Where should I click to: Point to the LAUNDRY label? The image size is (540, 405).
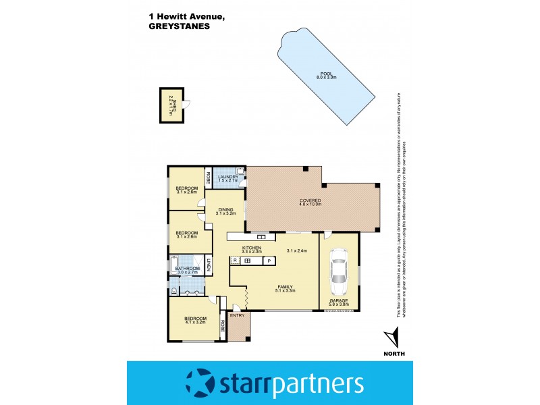(x=228, y=177)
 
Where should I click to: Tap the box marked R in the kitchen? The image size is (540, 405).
(x=235, y=261)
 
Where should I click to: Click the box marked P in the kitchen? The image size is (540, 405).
(x=268, y=261)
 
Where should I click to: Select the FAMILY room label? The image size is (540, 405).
(x=285, y=286)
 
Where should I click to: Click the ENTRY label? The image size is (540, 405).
(x=237, y=315)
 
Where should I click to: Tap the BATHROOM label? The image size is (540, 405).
(x=187, y=268)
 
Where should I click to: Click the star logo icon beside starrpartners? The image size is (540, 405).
(x=199, y=383)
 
